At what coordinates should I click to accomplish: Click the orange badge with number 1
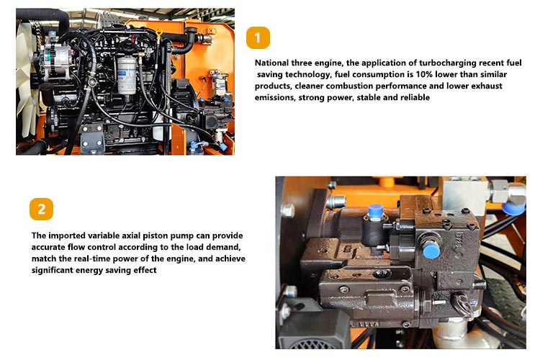(258, 37)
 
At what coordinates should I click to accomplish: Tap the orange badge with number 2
(41, 209)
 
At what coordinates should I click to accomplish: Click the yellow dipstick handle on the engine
(159, 34)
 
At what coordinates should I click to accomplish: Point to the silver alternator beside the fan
(55, 61)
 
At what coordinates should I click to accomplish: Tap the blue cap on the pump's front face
(431, 250)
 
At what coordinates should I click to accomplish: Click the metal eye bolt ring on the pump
(463, 304)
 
